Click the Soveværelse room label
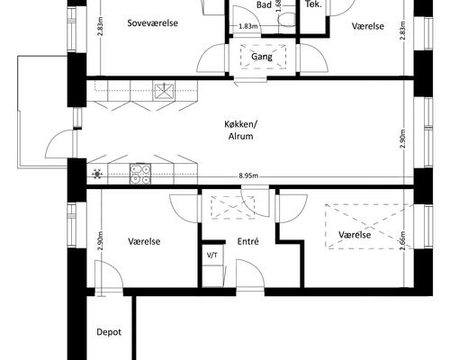152,23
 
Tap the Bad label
264,4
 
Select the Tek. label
313,4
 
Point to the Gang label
262,57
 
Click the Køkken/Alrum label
241,130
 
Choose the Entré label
247,241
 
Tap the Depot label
109,332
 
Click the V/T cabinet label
212,256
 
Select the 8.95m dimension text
248,175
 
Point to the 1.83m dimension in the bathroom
248,26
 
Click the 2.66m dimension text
402,240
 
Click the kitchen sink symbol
164,91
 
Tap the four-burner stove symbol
140,174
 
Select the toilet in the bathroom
287,20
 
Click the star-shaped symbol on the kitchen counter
97,174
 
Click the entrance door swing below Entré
250,274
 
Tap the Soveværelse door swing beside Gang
211,58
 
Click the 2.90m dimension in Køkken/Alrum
402,139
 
